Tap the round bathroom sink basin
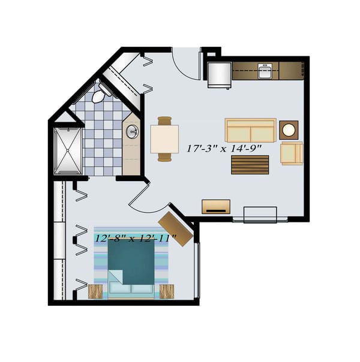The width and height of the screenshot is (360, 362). (x=132, y=132)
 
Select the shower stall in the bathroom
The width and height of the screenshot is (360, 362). (x=68, y=150)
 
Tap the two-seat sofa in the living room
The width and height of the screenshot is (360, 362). (x=250, y=130)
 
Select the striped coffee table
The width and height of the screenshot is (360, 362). (x=250, y=164)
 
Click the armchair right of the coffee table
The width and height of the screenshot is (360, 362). (x=292, y=153)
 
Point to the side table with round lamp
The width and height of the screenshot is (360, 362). (x=289, y=129)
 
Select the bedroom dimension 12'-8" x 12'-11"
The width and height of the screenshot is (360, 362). (x=135, y=238)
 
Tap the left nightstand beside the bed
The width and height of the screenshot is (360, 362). (x=95, y=292)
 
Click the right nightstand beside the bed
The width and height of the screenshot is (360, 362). (x=167, y=292)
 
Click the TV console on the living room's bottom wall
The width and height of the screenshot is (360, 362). (x=215, y=206)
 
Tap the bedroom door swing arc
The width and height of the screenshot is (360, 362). (x=142, y=201)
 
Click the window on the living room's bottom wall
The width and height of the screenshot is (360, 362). (x=260, y=214)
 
